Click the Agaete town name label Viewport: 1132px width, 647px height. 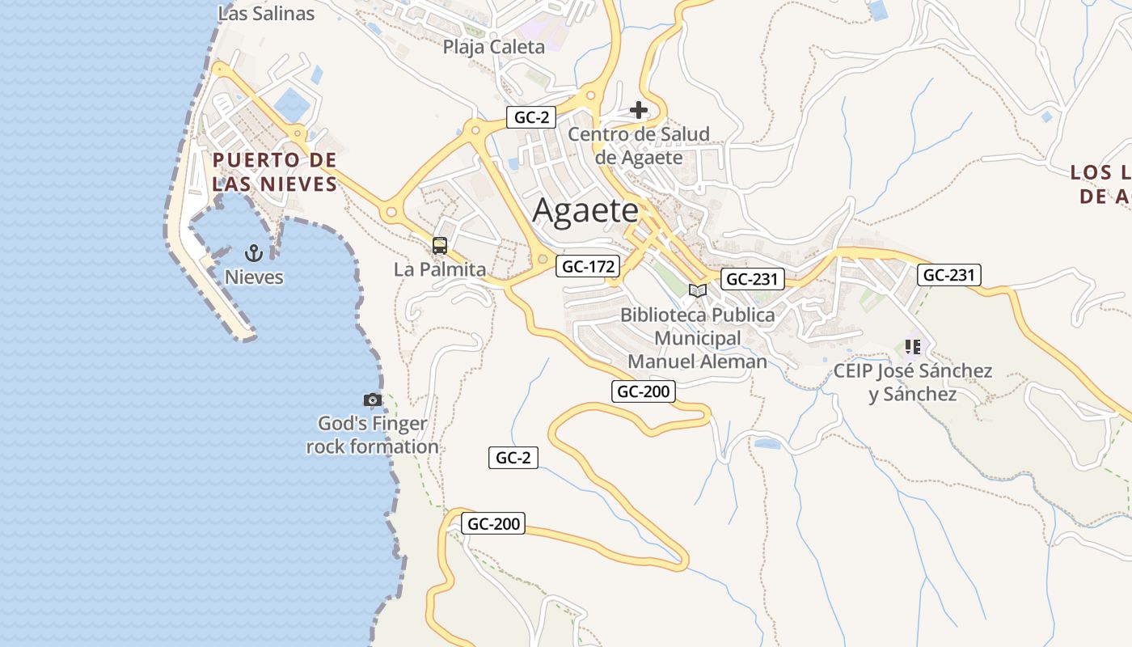click(585, 211)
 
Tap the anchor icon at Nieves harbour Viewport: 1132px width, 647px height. click(254, 254)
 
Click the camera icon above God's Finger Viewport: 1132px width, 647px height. click(372, 400)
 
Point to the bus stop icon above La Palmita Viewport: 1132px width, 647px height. click(440, 246)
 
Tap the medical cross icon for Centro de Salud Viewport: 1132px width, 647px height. click(639, 110)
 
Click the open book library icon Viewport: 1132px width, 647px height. click(697, 290)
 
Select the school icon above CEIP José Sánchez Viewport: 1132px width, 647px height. click(913, 348)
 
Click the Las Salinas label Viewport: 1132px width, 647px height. click(266, 14)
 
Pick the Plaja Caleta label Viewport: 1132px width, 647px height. click(494, 47)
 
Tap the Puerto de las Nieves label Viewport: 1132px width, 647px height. click(275, 171)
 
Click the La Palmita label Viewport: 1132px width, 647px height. click(440, 269)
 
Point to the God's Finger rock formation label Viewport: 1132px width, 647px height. click(373, 435)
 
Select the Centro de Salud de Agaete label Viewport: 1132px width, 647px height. click(639, 146)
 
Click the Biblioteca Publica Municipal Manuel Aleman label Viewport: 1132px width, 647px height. click(697, 338)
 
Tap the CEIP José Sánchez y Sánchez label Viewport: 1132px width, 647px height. click(913, 383)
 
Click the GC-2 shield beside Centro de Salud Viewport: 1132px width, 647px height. click(531, 117)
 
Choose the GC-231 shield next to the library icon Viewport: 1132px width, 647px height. click(753, 279)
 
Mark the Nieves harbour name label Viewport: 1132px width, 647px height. click(254, 277)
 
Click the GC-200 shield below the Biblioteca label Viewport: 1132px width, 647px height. click(644, 392)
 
